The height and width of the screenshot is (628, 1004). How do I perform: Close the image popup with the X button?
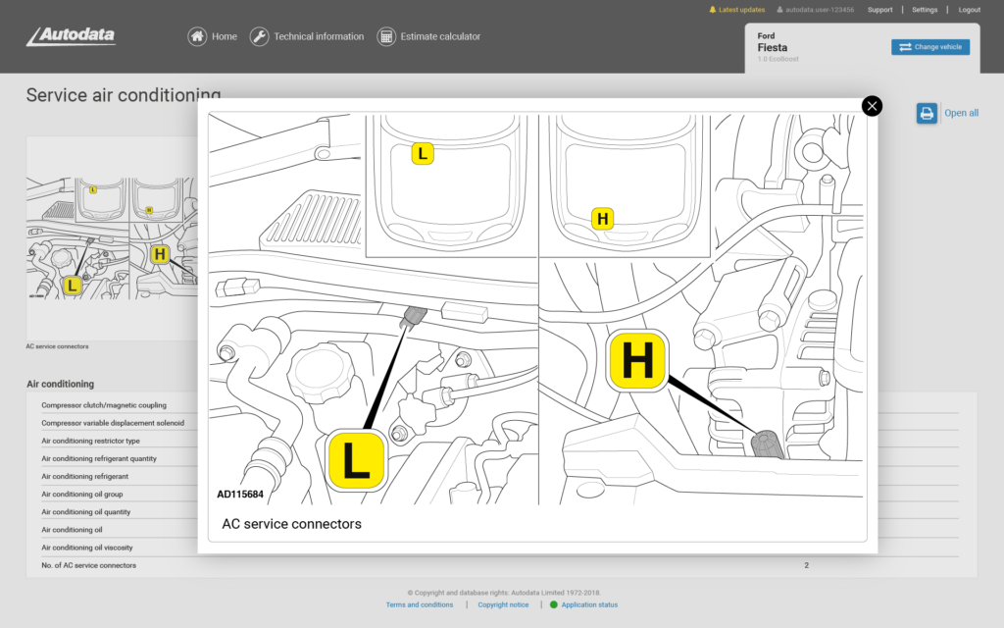[x=872, y=106]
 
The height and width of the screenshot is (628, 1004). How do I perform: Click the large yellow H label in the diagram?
[x=637, y=361]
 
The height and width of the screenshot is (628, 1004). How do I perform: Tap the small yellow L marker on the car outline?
[x=422, y=154]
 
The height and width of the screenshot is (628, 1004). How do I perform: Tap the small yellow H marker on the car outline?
[x=603, y=219]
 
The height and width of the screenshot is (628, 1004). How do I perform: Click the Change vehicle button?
[x=929, y=47]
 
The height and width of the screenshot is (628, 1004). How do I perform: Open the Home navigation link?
[x=213, y=36]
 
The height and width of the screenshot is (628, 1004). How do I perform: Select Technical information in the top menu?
[x=307, y=36]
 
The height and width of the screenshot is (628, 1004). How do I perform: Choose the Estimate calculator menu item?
[x=429, y=36]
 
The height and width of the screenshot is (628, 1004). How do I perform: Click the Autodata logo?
[x=71, y=36]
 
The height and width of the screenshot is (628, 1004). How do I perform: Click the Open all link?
[x=960, y=113]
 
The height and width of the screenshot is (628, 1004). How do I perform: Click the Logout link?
[x=969, y=10]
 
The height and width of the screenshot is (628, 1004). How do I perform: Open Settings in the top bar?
[x=925, y=10]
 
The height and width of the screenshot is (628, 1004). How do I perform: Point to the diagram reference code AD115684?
[x=240, y=495]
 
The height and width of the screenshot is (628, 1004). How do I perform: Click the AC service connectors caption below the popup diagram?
[x=292, y=524]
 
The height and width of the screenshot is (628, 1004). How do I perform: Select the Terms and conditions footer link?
[x=420, y=604]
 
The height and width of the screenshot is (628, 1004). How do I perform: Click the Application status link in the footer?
[x=589, y=604]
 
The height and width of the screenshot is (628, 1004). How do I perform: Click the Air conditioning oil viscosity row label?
[x=87, y=548]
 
